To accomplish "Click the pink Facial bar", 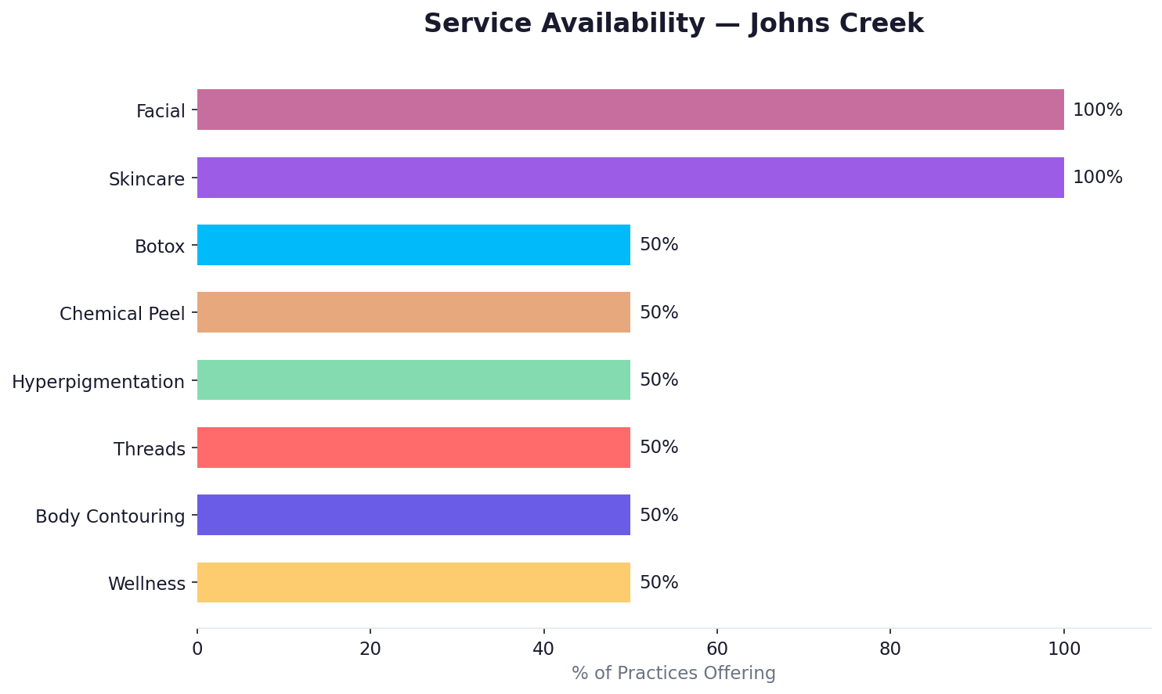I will pos(630,110).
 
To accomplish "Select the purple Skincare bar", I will pos(630,178).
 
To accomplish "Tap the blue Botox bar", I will pos(413,245).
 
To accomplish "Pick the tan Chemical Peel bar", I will pos(413,312).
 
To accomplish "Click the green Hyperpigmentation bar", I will pos(413,380).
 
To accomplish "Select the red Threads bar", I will pos(413,448).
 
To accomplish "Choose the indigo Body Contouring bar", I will pos(413,515).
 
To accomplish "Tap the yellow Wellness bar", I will pos(413,582).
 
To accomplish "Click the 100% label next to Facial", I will pos(1097,110).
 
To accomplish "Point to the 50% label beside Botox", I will pos(659,245).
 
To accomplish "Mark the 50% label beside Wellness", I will pos(659,583).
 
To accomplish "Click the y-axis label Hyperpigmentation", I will pos(98,382).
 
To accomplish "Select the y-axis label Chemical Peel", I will pos(122,314).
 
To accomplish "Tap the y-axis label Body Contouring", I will pos(110,516).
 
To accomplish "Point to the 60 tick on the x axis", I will pos(716,649).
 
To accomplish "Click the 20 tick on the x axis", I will pos(370,649).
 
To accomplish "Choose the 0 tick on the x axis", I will pos(197,649).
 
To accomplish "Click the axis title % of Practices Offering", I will pos(673,674).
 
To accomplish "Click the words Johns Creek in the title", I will pos(836,23).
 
